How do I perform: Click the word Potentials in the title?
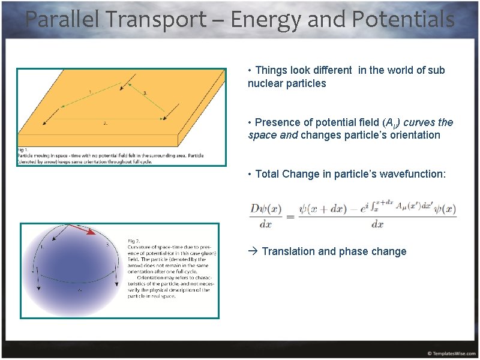pyautogui.click(x=403, y=20)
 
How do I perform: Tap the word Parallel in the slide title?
pyautogui.click(x=62, y=20)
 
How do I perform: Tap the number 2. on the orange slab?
pyautogui.click(x=105, y=124)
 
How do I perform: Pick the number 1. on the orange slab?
pyautogui.click(x=90, y=92)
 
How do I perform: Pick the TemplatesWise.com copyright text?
pyautogui.click(x=452, y=353)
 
